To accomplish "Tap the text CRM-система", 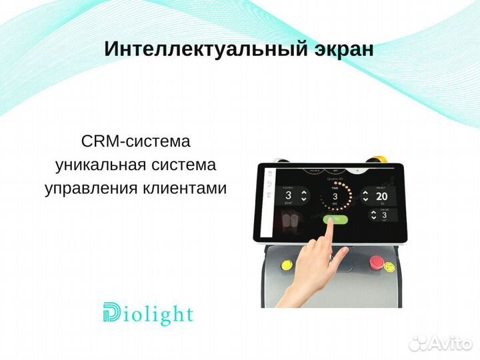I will (135, 141).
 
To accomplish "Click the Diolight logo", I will (148, 314).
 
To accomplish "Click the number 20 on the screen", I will (381, 197).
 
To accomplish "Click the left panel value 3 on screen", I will (288, 196).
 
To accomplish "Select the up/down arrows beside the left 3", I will (305, 196).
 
